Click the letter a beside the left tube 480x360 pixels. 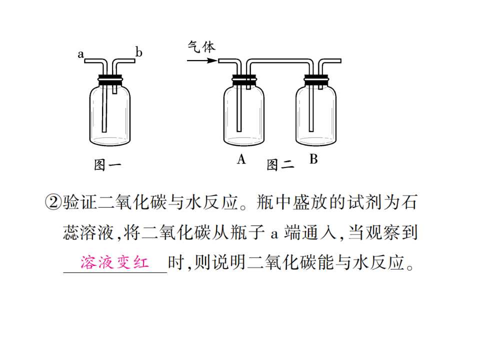tap(80, 54)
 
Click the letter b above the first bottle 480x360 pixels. tap(138, 52)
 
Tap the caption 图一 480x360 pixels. tap(107, 165)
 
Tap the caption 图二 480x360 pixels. tap(280, 165)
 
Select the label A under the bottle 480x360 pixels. tap(241, 159)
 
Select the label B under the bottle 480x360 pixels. tap(313, 159)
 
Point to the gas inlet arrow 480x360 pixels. tap(202, 60)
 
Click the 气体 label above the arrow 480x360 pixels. tap(201, 47)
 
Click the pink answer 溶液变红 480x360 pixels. tap(114, 262)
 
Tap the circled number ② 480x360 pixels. tap(53, 202)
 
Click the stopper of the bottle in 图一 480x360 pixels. tap(110, 79)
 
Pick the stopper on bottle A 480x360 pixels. tap(244, 79)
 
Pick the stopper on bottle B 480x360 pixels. tap(316, 79)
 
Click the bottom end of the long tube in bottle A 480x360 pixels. tap(239, 131)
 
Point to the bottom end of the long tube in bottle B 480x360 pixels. tap(311, 131)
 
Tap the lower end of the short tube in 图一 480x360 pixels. tap(115, 93)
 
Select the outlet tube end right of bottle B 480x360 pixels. tap(340, 61)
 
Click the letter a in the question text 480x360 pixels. tap(274, 234)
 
